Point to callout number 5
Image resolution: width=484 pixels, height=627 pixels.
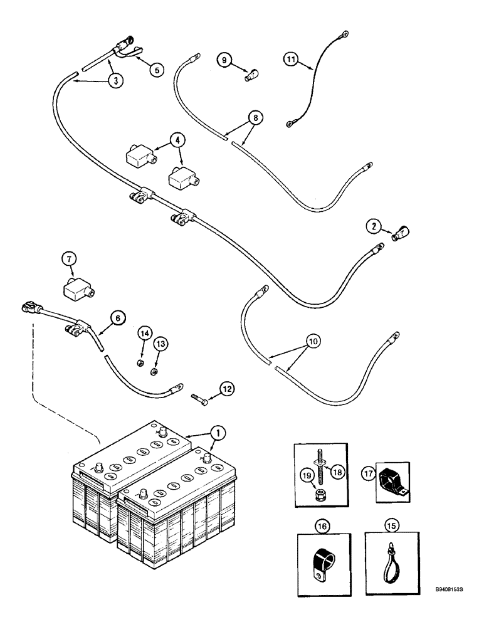(x=157, y=70)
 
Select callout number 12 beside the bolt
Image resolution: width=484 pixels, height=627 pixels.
(x=228, y=389)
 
